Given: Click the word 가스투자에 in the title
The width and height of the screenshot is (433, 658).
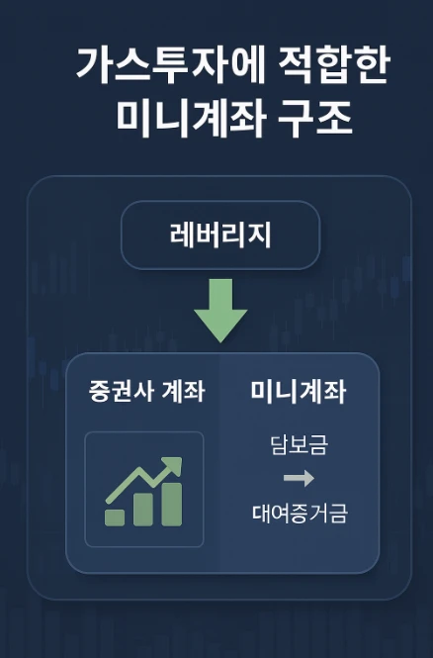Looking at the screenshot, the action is (x=171, y=66).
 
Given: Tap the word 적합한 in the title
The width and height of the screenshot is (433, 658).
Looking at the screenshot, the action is (x=334, y=66).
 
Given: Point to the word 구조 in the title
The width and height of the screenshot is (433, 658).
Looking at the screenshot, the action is (x=314, y=119).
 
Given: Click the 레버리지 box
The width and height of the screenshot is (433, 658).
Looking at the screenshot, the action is (x=220, y=235).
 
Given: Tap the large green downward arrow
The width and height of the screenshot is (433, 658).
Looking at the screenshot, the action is (x=220, y=311).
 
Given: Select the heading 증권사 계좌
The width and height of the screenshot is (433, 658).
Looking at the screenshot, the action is (x=146, y=391).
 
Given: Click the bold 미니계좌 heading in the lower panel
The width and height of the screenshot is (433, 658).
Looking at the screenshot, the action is (x=299, y=391).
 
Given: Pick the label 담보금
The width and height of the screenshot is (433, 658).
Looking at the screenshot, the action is (x=299, y=445).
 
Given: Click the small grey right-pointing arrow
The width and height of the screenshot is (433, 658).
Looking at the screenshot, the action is (x=299, y=478).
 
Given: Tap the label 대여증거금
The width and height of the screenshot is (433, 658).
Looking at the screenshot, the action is (x=300, y=514).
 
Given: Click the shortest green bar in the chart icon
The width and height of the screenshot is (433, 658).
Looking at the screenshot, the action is (x=115, y=517).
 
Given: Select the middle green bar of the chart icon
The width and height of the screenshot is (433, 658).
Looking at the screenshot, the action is (x=143, y=510).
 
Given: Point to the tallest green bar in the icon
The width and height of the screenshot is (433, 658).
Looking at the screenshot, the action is (x=172, y=505).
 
